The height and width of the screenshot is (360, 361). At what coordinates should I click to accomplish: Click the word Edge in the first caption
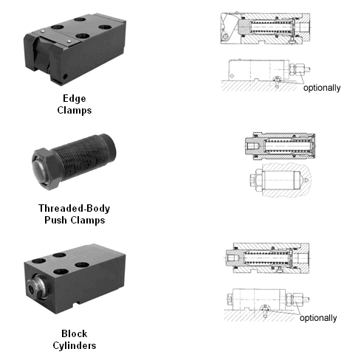[x=75, y=99]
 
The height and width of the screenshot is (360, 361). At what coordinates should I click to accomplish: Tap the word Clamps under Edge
[x=75, y=110]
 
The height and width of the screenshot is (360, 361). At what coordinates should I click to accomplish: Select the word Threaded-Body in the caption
[x=74, y=209]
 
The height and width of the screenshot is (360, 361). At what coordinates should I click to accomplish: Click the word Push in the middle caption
[x=55, y=220]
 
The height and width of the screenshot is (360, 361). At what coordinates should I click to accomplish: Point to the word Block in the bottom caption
[x=74, y=333]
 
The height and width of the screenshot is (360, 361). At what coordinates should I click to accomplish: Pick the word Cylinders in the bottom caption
[x=75, y=345]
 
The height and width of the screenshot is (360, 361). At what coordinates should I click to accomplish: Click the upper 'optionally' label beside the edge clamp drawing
[x=322, y=88]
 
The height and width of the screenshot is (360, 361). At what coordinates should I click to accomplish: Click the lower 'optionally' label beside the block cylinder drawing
[x=318, y=318]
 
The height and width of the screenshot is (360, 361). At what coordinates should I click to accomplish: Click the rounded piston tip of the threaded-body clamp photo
[x=38, y=170]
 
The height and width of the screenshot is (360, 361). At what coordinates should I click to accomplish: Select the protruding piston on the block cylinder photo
[x=36, y=286]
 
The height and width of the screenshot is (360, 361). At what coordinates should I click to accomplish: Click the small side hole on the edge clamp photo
[x=65, y=77]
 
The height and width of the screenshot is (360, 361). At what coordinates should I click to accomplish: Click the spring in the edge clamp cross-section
[x=271, y=27]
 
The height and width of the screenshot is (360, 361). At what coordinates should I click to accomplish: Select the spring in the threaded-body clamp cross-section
[x=287, y=145]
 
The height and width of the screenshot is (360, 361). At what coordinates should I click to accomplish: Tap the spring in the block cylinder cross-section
[x=267, y=257]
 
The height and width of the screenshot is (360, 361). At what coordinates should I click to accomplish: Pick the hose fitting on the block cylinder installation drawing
[x=297, y=300]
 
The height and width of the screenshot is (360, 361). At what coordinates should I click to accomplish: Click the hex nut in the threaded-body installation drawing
[x=258, y=180]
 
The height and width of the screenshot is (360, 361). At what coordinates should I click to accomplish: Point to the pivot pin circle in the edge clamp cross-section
[x=225, y=37]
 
